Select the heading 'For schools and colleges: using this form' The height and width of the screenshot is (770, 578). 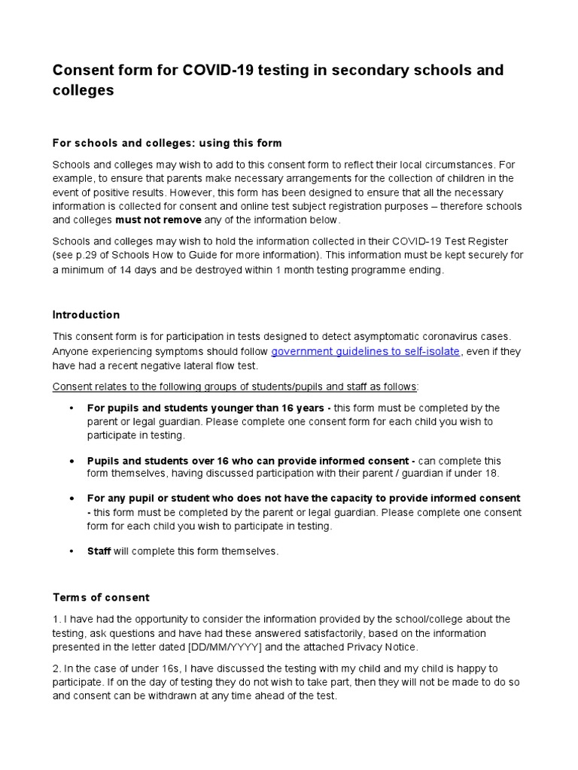[167, 143]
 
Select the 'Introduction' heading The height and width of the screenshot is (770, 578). [86, 314]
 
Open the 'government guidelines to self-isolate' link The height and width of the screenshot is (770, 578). [365, 351]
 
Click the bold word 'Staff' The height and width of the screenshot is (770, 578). [99, 551]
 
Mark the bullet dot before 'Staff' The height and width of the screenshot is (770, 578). [71, 551]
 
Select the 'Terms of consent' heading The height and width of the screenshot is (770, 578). [101, 597]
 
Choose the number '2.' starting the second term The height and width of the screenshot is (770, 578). [56, 668]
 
